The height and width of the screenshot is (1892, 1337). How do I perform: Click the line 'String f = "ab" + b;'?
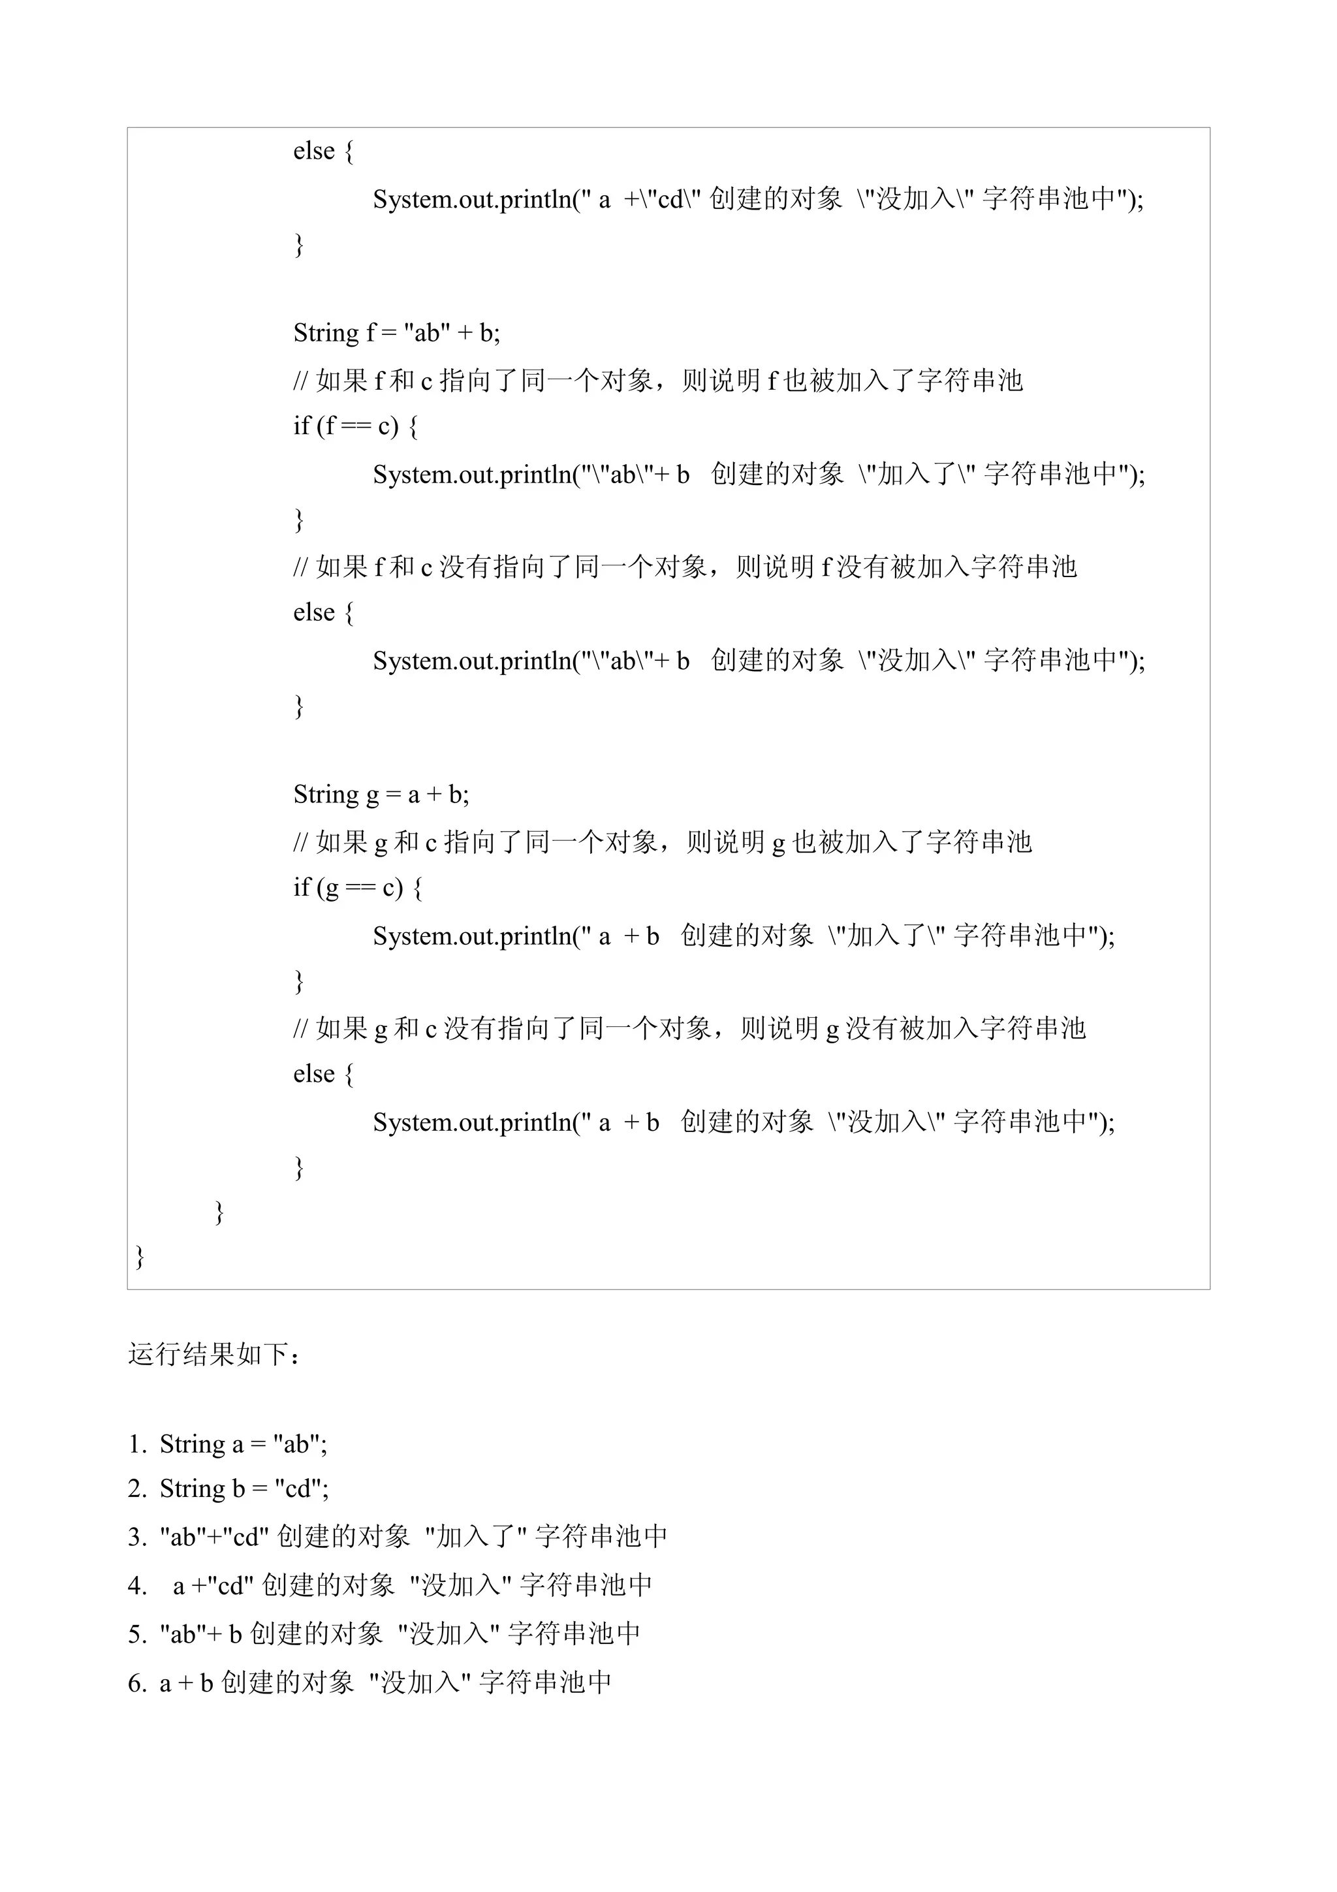pyautogui.click(x=396, y=333)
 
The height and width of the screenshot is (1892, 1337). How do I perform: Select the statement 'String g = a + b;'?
pyautogui.click(x=381, y=795)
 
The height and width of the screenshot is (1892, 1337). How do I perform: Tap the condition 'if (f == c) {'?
pyautogui.click(x=355, y=426)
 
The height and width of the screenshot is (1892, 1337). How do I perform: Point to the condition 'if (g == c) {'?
pyautogui.click(x=358, y=887)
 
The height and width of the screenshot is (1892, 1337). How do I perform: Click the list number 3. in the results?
pyautogui.click(x=136, y=1537)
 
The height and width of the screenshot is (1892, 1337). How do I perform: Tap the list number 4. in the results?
pyautogui.click(x=136, y=1585)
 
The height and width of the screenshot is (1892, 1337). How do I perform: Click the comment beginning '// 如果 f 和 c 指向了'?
pyautogui.click(x=657, y=380)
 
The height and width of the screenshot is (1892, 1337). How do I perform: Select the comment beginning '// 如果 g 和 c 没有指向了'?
pyautogui.click(x=689, y=1028)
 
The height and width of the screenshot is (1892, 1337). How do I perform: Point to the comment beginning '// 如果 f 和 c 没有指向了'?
pyautogui.click(x=685, y=567)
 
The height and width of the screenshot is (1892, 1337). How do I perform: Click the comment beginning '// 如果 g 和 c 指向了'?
pyautogui.click(x=661, y=842)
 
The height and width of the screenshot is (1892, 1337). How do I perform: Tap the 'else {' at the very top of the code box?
pyautogui.click(x=323, y=151)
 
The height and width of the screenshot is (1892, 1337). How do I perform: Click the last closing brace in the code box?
pyautogui.click(x=140, y=1257)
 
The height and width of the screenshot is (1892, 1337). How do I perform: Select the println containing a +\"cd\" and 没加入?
pyautogui.click(x=758, y=199)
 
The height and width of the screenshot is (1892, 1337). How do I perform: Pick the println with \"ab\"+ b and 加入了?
pyautogui.click(x=759, y=474)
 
